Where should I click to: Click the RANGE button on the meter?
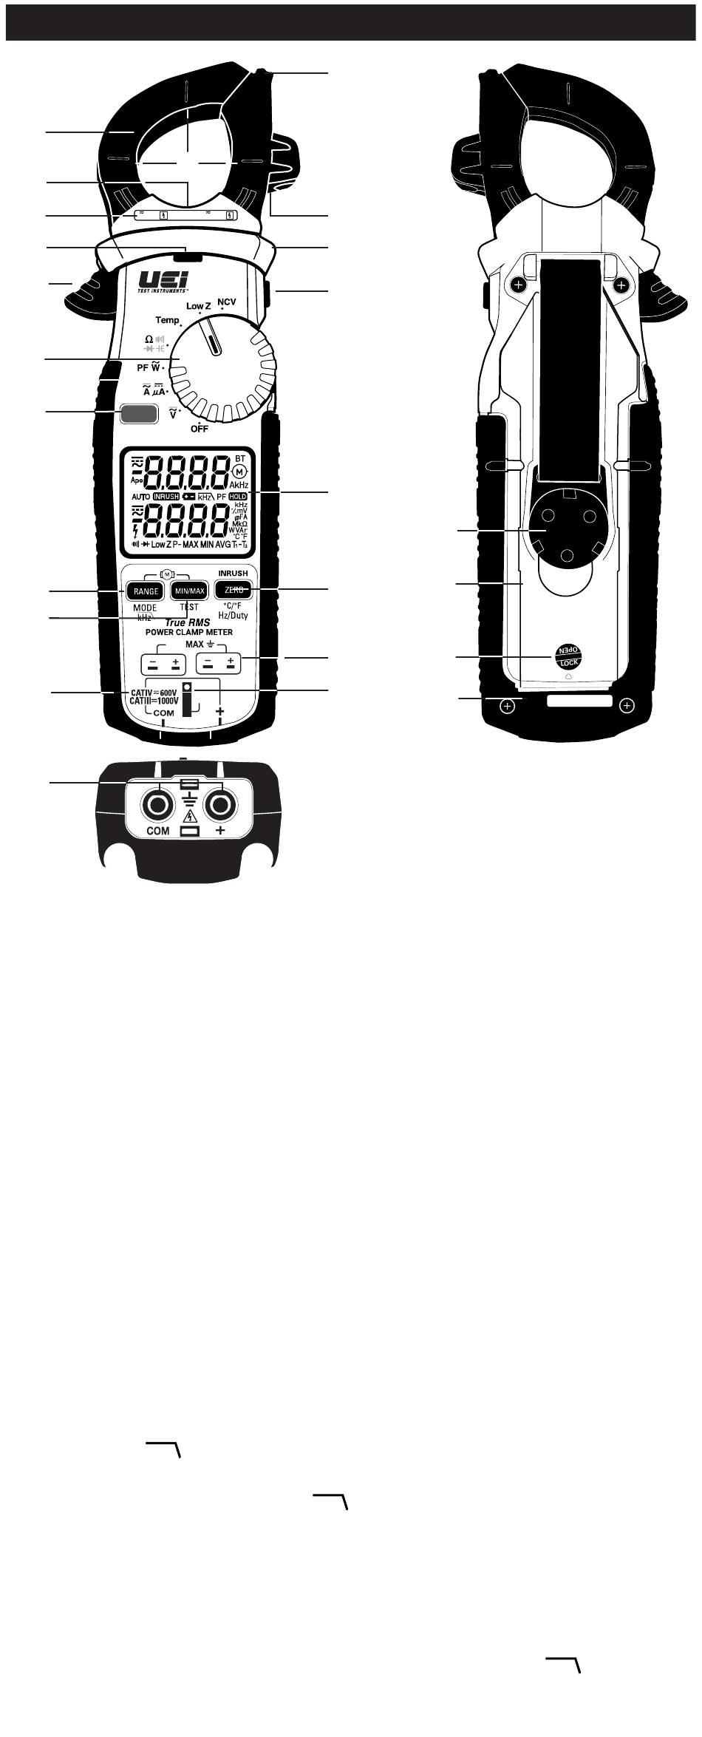click(x=146, y=591)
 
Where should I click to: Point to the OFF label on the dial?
click(x=198, y=429)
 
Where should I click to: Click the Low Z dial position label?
click(x=199, y=306)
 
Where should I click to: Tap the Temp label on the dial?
click(x=167, y=320)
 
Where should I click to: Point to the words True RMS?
click(x=188, y=622)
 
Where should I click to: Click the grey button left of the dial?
click(x=137, y=413)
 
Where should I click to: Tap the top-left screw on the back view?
click(x=519, y=285)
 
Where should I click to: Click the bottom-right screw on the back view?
click(x=627, y=706)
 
